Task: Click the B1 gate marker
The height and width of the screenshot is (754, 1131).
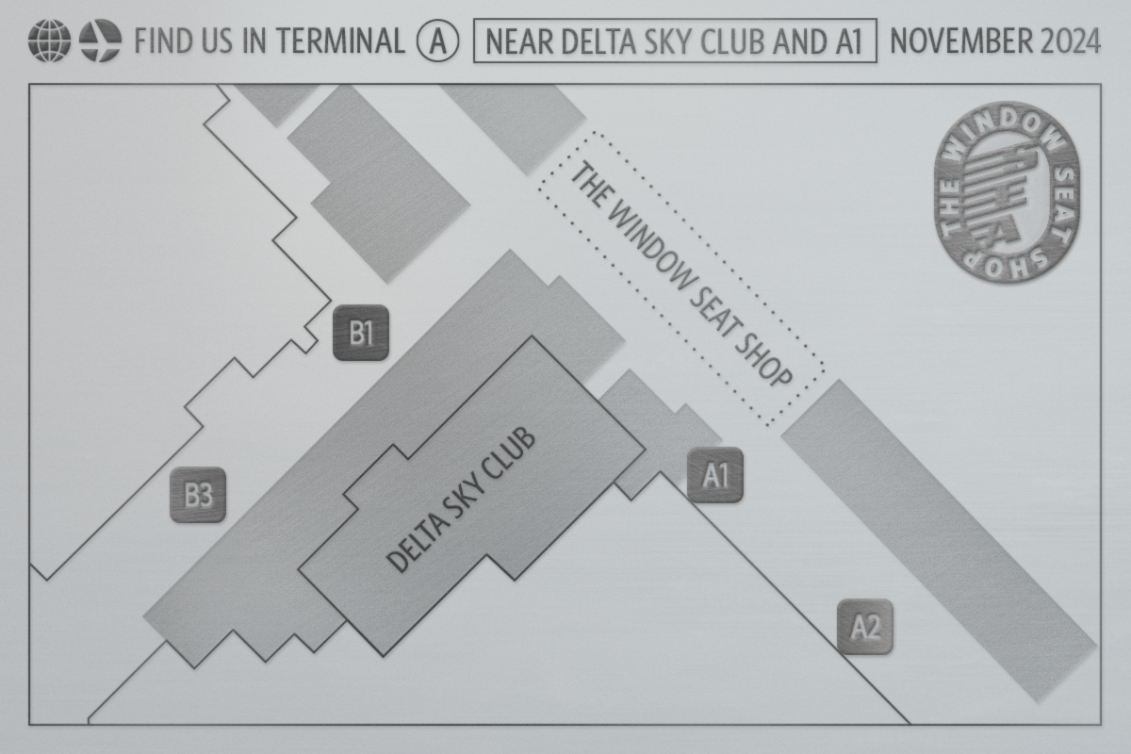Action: click(x=361, y=333)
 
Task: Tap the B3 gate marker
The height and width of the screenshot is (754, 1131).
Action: click(x=198, y=495)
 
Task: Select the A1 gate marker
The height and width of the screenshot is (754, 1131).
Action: click(x=715, y=475)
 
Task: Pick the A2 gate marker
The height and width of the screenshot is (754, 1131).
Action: click(x=865, y=627)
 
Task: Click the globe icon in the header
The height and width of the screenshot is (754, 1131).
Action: click(x=49, y=42)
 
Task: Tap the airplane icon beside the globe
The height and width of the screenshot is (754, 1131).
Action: click(x=100, y=42)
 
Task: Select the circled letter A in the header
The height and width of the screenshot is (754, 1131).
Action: click(x=437, y=42)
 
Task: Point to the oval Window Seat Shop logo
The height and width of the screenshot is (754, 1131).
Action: click(x=1005, y=204)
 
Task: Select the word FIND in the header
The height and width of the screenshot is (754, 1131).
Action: click(x=158, y=42)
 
